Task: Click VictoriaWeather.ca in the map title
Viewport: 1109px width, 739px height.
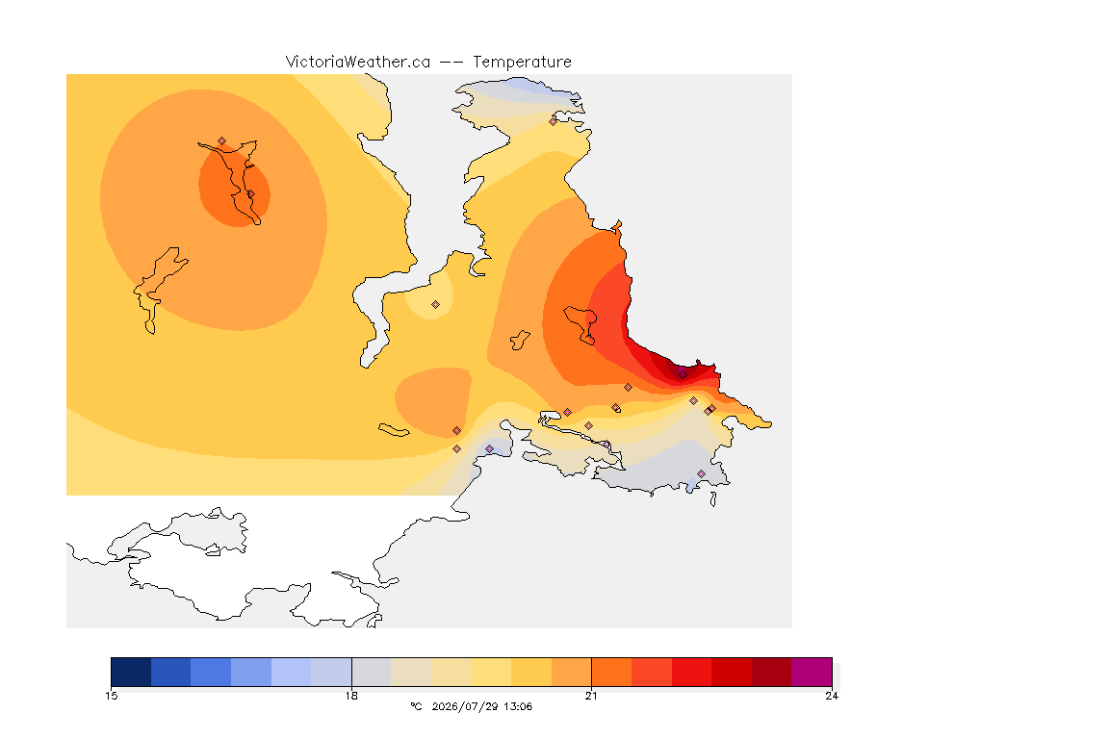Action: click(358, 63)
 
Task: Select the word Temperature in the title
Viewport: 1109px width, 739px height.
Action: click(522, 63)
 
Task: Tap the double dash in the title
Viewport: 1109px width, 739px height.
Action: click(451, 63)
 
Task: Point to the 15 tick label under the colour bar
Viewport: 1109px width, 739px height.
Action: click(111, 696)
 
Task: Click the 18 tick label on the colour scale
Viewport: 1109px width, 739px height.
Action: click(351, 696)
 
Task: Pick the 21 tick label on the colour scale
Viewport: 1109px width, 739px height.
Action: click(591, 696)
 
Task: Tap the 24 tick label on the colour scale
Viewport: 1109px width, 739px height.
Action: click(832, 696)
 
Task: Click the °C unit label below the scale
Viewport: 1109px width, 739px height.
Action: click(416, 706)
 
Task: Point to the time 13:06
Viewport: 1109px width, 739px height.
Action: click(518, 706)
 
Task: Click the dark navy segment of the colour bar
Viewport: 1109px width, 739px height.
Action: click(131, 672)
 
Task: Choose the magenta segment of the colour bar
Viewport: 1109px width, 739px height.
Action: click(812, 672)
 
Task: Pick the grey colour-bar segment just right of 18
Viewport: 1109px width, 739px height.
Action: click(372, 672)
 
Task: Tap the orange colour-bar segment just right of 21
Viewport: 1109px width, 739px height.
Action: click(611, 672)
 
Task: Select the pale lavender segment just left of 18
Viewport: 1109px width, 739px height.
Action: click(331, 672)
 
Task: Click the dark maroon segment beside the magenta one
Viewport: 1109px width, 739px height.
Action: click(772, 672)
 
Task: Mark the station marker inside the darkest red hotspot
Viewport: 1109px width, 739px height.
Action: click(683, 374)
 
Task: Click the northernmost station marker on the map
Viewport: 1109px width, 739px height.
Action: click(554, 121)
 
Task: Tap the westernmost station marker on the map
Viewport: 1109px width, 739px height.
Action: click(222, 141)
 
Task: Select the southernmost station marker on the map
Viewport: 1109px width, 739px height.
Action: click(701, 473)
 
